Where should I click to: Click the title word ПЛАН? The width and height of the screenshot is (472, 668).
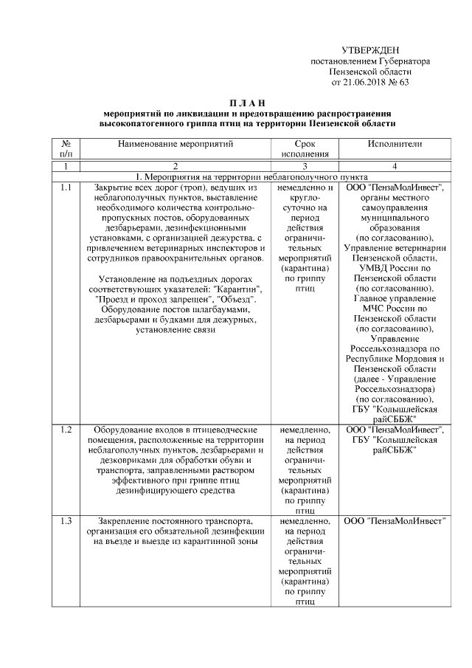tap(246, 101)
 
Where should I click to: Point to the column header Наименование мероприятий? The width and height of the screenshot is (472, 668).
tap(175, 144)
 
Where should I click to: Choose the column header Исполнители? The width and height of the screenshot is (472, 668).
tap(395, 144)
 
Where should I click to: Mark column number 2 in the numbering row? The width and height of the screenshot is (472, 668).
tap(175, 167)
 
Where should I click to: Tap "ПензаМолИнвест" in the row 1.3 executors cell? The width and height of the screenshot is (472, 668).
tap(395, 521)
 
